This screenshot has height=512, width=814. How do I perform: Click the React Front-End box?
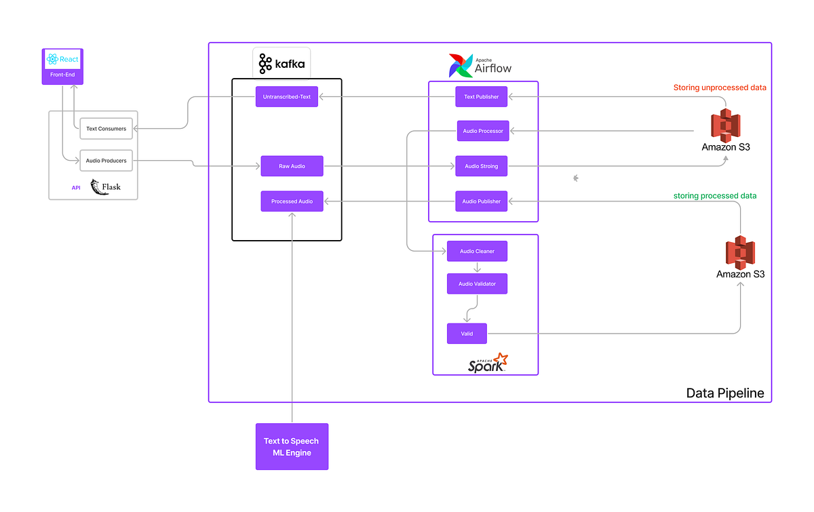point(62,66)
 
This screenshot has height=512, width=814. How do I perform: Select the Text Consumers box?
point(106,129)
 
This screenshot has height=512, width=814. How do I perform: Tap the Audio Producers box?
point(106,161)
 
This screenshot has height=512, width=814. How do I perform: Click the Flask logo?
point(105,187)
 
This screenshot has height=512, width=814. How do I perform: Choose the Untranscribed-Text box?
point(286,97)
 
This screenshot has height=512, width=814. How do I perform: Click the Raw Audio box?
point(292,166)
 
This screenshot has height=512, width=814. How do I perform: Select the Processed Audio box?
point(292,201)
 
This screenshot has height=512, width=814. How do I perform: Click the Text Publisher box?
point(481,97)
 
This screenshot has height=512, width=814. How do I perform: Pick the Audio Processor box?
point(482,131)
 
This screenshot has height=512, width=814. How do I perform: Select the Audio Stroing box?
point(481,166)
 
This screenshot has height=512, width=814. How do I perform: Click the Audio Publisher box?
point(481,201)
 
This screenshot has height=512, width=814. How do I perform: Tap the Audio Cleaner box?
point(477,252)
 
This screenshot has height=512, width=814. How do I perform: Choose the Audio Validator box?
point(477,284)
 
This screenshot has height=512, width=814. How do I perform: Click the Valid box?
point(467,334)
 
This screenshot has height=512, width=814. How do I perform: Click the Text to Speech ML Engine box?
point(292,446)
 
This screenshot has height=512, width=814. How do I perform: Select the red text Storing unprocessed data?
point(720,87)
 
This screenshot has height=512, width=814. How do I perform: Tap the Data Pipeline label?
point(724,393)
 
